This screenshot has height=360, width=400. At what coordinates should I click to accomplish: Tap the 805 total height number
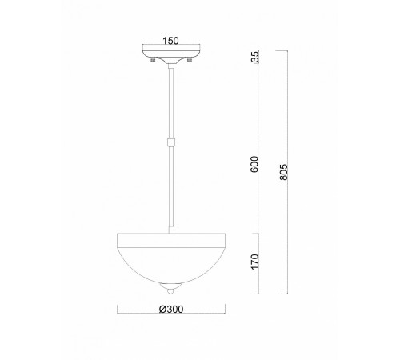tap(283, 174)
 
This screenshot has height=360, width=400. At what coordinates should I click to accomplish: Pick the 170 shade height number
tap(254, 262)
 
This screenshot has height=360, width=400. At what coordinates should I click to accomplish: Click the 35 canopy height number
tap(254, 57)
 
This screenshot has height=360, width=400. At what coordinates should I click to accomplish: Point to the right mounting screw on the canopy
tap(190, 61)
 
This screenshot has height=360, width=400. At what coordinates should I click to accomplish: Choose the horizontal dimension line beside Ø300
tap(200, 310)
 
